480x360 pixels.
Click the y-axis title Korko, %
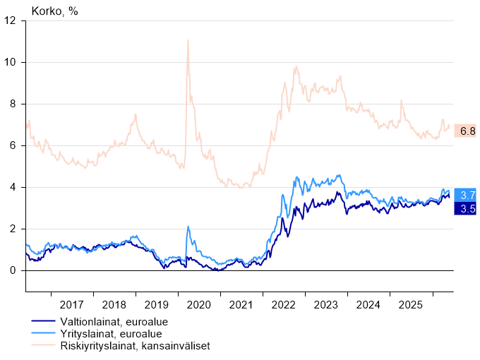point(54,11)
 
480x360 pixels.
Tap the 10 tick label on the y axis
point(10,62)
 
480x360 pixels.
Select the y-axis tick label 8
point(13,104)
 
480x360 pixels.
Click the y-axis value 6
point(13,145)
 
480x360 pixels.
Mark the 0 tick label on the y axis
point(13,270)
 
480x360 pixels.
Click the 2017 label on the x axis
point(71,305)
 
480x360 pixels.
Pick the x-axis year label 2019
point(157,305)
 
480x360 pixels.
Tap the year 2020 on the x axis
point(198,305)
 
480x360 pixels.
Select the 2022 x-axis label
point(284,305)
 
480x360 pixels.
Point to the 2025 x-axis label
point(411,305)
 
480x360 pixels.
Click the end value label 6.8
point(465,131)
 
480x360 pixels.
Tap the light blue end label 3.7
point(465,195)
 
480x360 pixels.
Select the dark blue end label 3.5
point(465,208)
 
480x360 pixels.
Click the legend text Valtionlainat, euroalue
point(114,322)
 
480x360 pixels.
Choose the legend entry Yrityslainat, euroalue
point(111,334)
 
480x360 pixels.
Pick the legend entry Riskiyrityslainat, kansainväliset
point(136,346)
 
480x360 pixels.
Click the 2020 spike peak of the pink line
point(188,40)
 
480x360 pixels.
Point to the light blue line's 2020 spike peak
point(188,227)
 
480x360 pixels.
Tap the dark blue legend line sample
point(43,320)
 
